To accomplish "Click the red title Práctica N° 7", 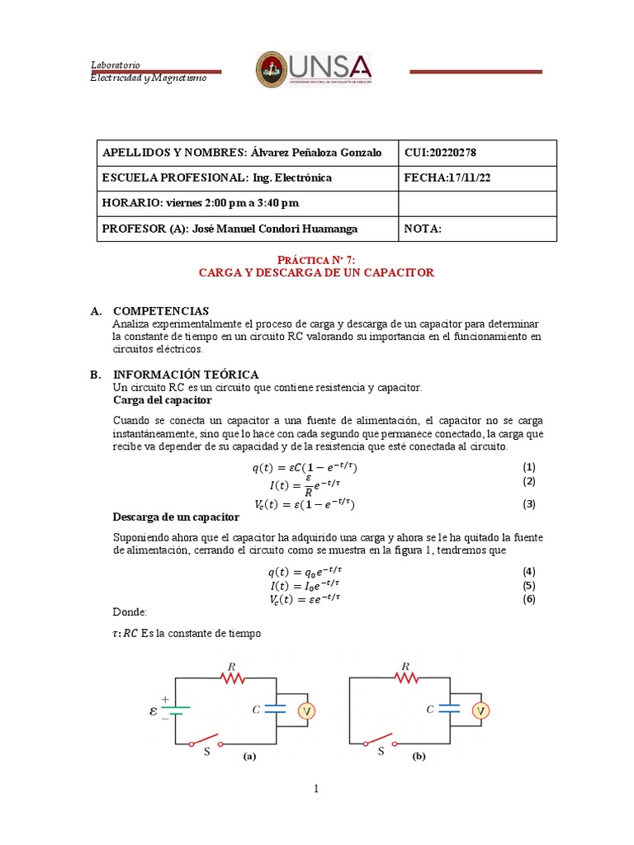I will tap(317, 259).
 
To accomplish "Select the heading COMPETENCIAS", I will tap(161, 311).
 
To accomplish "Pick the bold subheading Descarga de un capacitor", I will tap(176, 517).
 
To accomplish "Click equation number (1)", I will tap(529, 467).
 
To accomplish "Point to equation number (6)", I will tap(529, 599).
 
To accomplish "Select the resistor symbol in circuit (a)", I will tap(232, 677).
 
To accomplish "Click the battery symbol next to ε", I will tap(176, 707).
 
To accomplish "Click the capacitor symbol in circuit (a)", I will tap(276, 708).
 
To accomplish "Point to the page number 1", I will tap(316, 789).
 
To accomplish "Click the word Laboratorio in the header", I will tap(115, 65).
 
